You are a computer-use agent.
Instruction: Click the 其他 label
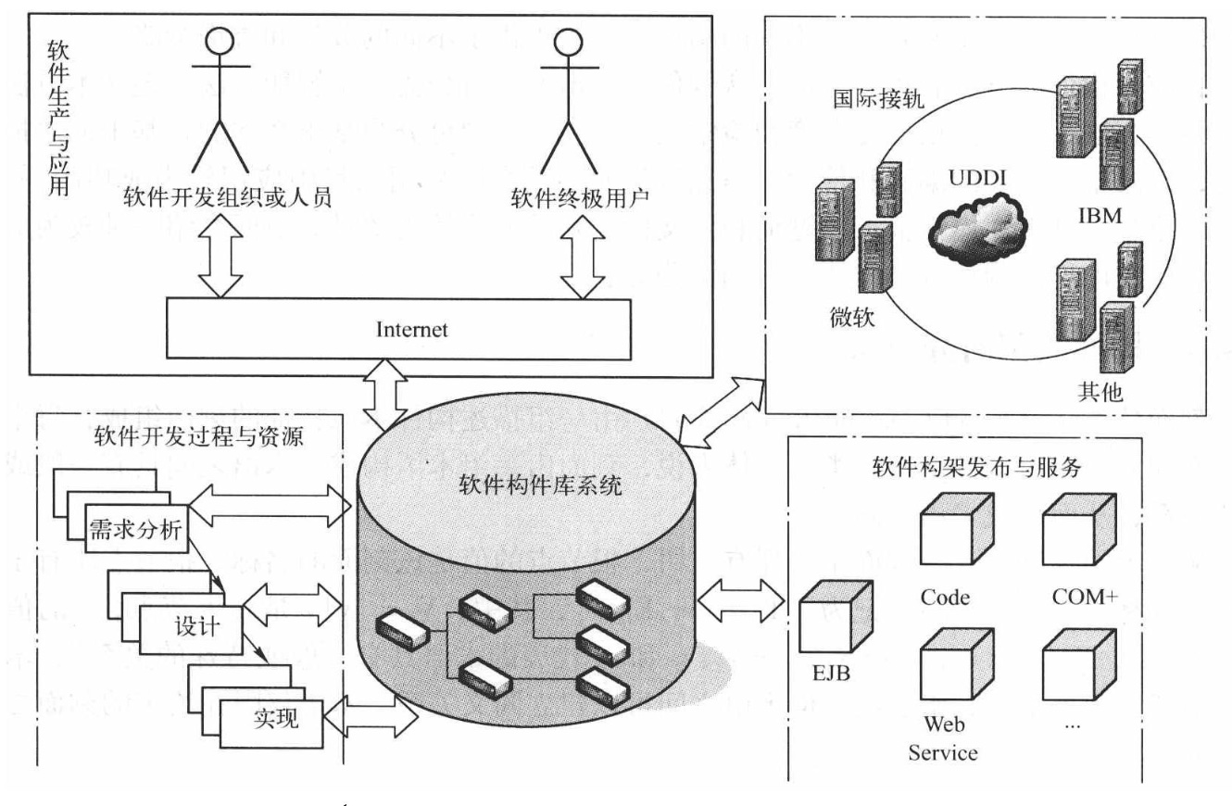1101,392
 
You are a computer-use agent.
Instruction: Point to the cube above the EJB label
834,614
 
